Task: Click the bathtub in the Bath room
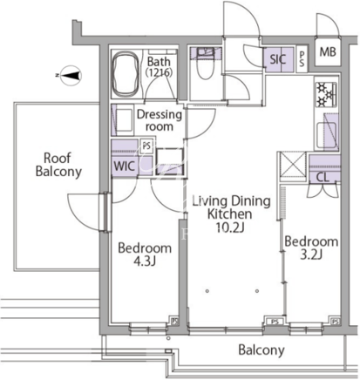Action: point(126,74)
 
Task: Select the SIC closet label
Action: point(278,59)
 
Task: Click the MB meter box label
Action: point(328,52)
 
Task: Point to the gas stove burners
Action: point(326,94)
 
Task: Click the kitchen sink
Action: point(327,135)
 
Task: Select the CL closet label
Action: point(323,177)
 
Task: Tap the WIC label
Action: point(124,166)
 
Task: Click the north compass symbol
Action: point(70,76)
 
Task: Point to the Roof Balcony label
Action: point(58,165)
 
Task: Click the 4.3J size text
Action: point(145,261)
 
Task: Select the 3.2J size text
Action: point(311,254)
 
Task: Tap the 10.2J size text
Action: point(229,227)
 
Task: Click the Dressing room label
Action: point(160,120)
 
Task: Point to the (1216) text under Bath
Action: point(160,72)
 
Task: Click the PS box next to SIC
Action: point(302,59)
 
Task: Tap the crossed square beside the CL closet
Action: point(292,166)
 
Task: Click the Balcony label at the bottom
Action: point(262,350)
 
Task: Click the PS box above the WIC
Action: point(146,146)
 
